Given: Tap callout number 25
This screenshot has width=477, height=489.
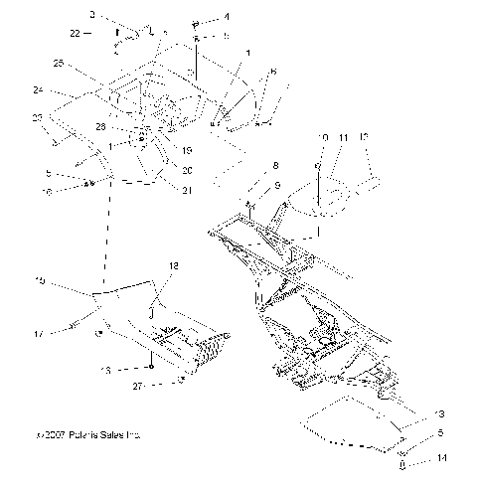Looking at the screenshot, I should [59, 64].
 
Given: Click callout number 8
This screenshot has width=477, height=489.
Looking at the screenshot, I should [275, 165].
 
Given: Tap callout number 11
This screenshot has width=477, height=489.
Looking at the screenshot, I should [345, 137].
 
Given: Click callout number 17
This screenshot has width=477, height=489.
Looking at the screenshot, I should [39, 335].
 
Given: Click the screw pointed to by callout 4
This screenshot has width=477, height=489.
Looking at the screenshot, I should [196, 20].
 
